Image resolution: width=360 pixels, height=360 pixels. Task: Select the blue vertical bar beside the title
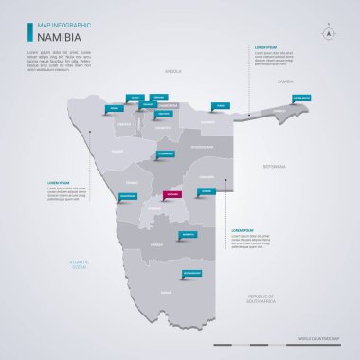pyautogui.click(x=29, y=32)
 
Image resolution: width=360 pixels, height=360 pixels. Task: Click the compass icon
pyautogui.click(x=329, y=31)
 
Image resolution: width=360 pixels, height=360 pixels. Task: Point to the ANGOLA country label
pyautogui.click(x=172, y=70)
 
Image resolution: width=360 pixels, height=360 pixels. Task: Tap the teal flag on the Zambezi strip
pyautogui.click(x=301, y=98)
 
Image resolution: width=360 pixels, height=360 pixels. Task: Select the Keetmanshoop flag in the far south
pyautogui.click(x=191, y=273)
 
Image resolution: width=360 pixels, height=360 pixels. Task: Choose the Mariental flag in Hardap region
pyautogui.click(x=189, y=233)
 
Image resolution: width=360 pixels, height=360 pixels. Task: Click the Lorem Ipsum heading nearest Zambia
pyautogui.click(x=266, y=46)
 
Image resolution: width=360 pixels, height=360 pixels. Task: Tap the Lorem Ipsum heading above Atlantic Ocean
pyautogui.click(x=59, y=182)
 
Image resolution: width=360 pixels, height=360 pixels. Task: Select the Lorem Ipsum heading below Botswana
pyautogui.click(x=243, y=230)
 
